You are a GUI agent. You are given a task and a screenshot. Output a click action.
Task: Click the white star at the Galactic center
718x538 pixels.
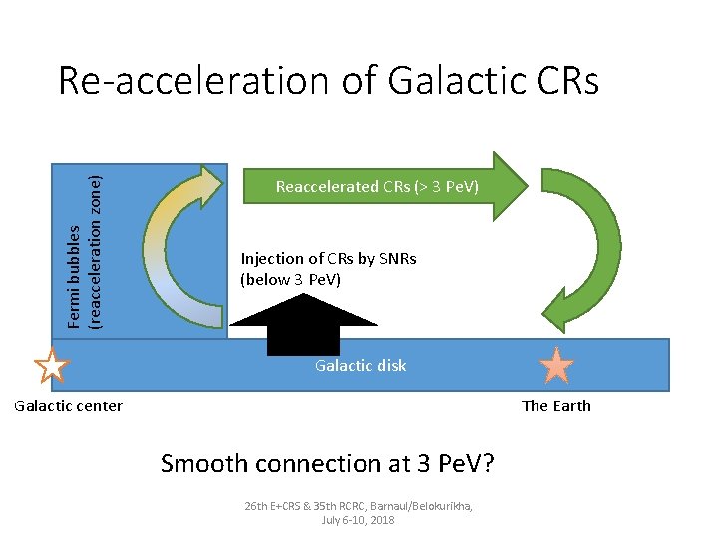51,365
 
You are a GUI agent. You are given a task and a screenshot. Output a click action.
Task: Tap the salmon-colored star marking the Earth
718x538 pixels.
556,366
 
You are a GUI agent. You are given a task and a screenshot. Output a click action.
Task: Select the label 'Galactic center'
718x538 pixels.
67,405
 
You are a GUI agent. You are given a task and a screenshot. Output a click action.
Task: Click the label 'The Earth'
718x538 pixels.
556,405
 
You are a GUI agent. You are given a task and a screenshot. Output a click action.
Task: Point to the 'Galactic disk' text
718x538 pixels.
360,365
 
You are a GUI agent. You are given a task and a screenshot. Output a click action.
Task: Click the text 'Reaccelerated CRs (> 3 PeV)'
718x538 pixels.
377,187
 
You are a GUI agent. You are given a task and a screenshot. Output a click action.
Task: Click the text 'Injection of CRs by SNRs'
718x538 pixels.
328,259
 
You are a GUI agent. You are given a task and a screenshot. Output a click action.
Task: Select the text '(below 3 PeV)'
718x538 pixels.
290,280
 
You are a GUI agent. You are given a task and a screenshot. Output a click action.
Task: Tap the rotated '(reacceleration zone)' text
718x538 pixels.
95,251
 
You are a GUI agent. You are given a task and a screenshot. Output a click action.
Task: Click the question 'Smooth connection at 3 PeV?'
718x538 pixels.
328,463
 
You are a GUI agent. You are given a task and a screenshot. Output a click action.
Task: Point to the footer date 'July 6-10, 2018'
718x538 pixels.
359,520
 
